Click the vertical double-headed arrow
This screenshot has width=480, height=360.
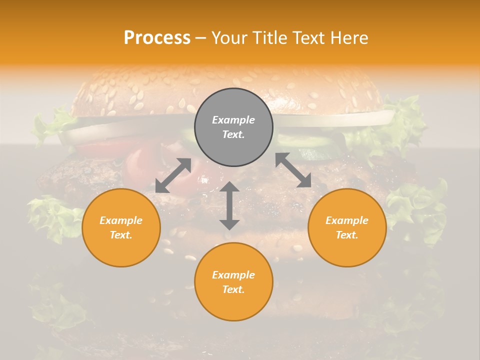[x=229, y=205]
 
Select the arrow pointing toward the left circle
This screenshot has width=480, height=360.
[x=173, y=175]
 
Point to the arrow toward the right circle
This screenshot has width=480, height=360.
[x=293, y=170]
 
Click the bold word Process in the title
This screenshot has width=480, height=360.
[x=157, y=38]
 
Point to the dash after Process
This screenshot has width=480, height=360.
[x=201, y=38]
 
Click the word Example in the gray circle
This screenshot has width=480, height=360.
[x=233, y=120]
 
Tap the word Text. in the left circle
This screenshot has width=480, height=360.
[x=121, y=235]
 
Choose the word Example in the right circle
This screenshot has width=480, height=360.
[x=347, y=220]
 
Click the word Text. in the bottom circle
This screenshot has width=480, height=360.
[x=233, y=289]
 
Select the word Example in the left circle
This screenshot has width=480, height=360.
[x=121, y=220]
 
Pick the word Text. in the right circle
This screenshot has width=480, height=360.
[x=347, y=235]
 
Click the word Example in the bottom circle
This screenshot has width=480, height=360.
[x=233, y=275]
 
